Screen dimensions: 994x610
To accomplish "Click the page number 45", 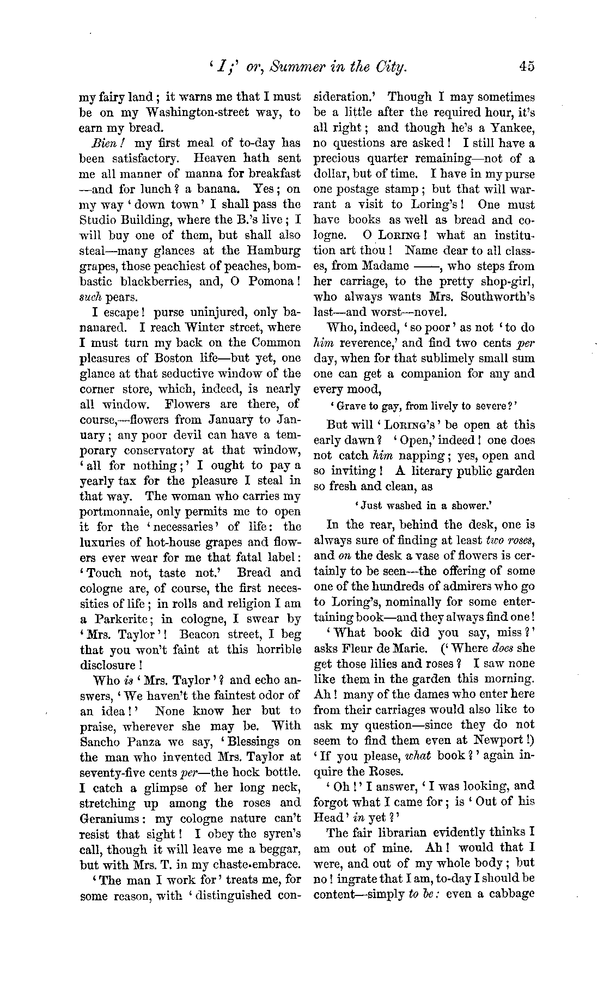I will [x=527, y=67].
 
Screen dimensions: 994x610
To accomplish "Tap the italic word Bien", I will [x=100, y=144].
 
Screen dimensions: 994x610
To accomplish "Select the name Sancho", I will [x=100, y=741].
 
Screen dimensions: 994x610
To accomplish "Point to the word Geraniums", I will [x=112, y=818].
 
